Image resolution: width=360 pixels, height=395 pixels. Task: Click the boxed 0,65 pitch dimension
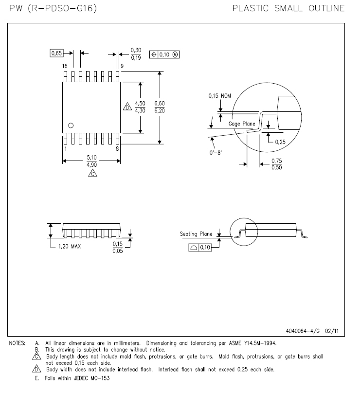[x=56, y=53]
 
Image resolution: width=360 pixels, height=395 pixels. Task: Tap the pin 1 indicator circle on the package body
[x=71, y=126]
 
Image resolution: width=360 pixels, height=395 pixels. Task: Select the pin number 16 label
[x=65, y=66]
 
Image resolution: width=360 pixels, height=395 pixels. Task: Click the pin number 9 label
[x=122, y=66]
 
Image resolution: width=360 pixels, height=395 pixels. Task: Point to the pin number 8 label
[x=117, y=149]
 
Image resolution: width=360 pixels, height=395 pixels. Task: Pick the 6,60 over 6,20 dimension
[x=160, y=107]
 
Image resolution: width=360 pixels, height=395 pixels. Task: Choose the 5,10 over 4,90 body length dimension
[x=91, y=161]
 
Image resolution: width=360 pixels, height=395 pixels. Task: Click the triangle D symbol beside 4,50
[x=127, y=107]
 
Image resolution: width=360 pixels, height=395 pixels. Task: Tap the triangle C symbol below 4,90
[x=93, y=173]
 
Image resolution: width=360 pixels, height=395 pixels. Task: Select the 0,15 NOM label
[x=220, y=96]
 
